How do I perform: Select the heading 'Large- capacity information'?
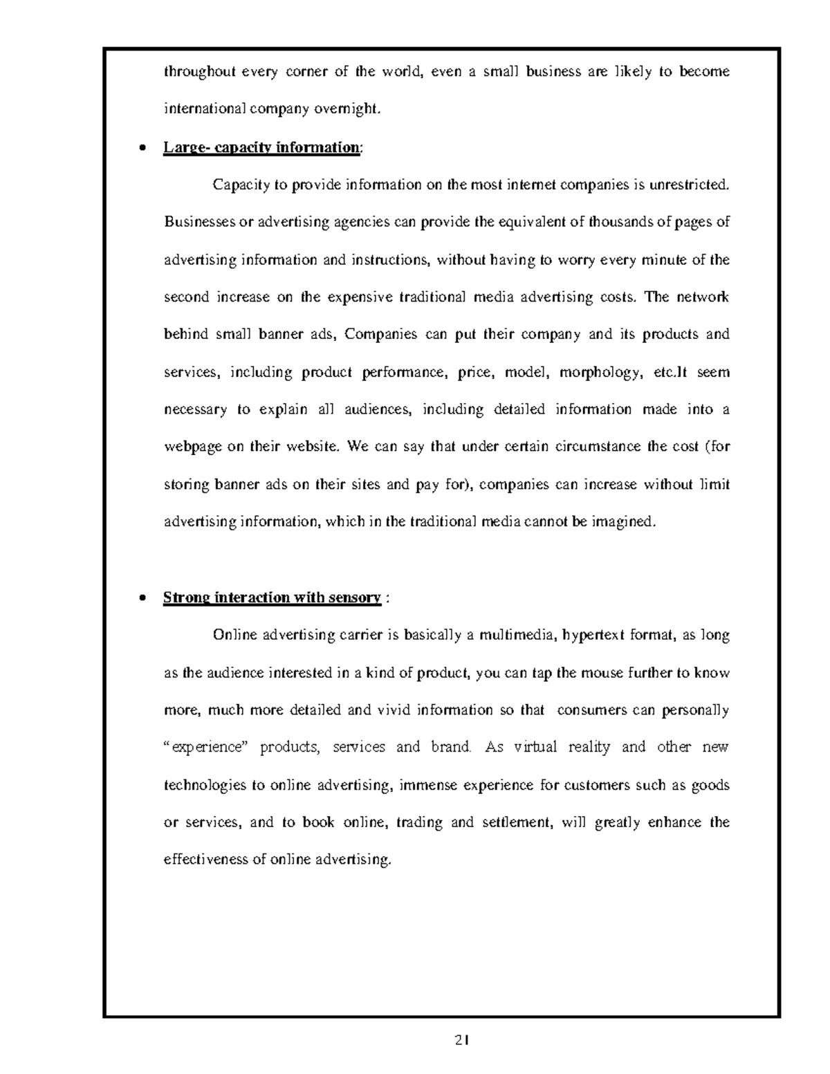coord(261,148)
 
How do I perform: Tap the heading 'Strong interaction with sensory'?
coord(272,598)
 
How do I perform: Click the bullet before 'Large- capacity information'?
coord(142,148)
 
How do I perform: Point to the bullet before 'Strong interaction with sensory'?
coord(142,598)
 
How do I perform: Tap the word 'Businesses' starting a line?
coord(198,222)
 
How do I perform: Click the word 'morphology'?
coord(599,373)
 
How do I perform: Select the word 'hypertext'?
coord(593,636)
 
